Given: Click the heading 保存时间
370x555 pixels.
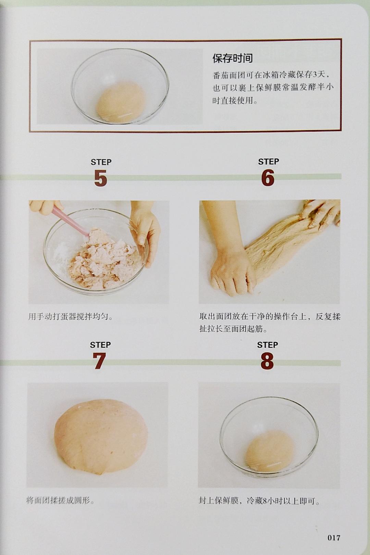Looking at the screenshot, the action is pos(233,59).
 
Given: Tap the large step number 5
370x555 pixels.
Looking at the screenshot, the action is pos(100,178).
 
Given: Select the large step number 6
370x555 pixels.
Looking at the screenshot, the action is pos(268,178).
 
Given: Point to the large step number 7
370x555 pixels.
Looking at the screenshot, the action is pos(99,361).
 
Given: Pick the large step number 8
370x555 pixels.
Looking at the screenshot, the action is pos(267,361).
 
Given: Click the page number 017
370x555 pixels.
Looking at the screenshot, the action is pos(334,538).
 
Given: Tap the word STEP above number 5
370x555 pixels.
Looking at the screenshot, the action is pos(101,162).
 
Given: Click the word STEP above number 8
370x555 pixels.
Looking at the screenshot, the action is pos(268,345).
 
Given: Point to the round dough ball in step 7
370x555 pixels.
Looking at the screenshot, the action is pos(101,438).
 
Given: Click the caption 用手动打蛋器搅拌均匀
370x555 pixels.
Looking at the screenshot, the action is pos(71,317).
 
